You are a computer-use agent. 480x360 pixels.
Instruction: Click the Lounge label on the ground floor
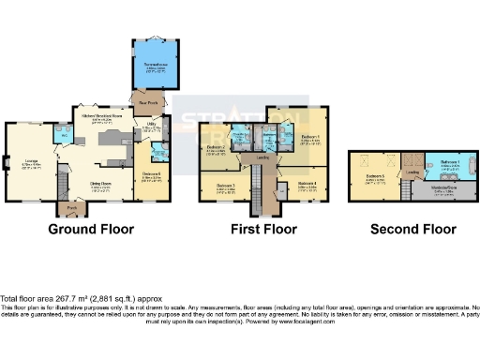click(31, 159)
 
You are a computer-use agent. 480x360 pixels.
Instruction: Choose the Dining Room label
click(100, 184)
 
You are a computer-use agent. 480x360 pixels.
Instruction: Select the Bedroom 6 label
click(153, 174)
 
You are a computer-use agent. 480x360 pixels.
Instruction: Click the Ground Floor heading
click(91, 230)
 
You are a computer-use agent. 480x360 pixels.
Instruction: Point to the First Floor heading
click(262, 230)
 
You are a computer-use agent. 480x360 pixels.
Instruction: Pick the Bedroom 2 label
click(215, 148)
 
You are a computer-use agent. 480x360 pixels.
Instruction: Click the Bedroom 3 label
click(226, 186)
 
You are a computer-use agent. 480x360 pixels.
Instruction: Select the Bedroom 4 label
click(308, 184)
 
